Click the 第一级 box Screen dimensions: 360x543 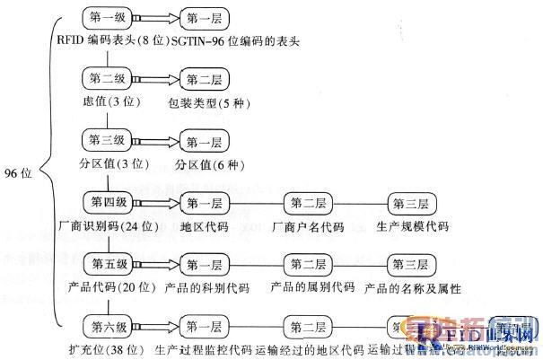(109, 16)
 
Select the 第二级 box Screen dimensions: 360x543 (109, 79)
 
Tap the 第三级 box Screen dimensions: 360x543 (109, 140)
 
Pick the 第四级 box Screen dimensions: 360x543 (109, 201)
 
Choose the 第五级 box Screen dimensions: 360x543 (109, 263)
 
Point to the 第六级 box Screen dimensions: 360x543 (109, 324)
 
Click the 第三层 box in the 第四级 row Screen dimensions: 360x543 (414, 203)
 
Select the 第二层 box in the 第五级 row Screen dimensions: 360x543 (310, 264)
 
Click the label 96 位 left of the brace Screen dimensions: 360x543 (18, 174)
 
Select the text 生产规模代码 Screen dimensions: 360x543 (412, 225)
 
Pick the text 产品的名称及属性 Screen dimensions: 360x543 (414, 288)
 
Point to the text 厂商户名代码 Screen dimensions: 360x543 (309, 225)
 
